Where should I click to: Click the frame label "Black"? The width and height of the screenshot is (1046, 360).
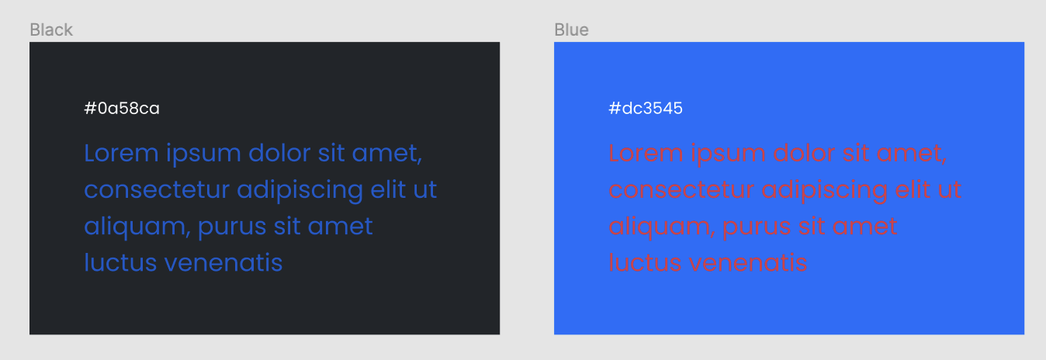click(x=51, y=30)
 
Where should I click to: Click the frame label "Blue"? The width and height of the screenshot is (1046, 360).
click(x=571, y=30)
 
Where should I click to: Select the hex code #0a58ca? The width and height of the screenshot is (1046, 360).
click(x=122, y=109)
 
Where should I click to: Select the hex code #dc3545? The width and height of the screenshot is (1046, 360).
click(x=646, y=109)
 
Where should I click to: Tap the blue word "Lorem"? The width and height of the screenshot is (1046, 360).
click(x=121, y=153)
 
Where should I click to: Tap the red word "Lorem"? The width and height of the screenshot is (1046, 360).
click(x=646, y=153)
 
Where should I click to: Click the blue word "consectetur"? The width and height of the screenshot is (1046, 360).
click(x=157, y=189)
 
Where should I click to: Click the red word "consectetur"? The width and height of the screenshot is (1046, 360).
click(x=681, y=189)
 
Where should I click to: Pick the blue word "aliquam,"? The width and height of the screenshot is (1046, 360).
click(x=137, y=227)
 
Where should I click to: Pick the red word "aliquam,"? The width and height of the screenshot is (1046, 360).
click(x=662, y=227)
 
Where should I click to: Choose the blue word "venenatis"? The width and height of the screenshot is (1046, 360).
click(x=223, y=262)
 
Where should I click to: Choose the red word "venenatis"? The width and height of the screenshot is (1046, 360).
click(x=749, y=262)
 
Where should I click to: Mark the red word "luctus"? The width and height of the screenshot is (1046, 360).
click(x=646, y=262)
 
